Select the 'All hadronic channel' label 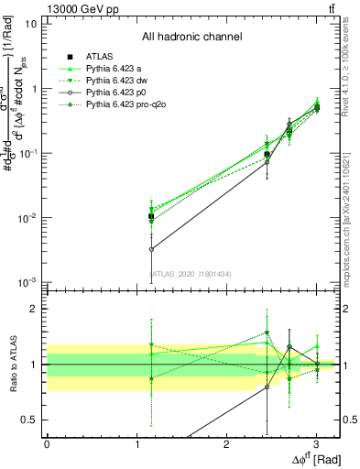tap(191, 38)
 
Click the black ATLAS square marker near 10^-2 tap(151, 217)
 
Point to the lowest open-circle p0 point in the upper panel tap(151, 248)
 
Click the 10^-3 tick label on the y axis tap(27, 282)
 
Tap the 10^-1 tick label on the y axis tap(27, 153)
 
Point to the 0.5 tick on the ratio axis tap(29, 420)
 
